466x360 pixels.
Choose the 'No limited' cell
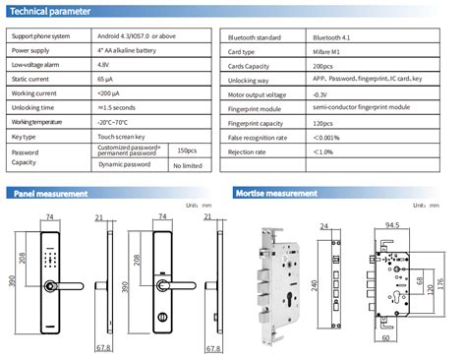[188, 166]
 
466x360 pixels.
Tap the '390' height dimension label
[13, 281]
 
